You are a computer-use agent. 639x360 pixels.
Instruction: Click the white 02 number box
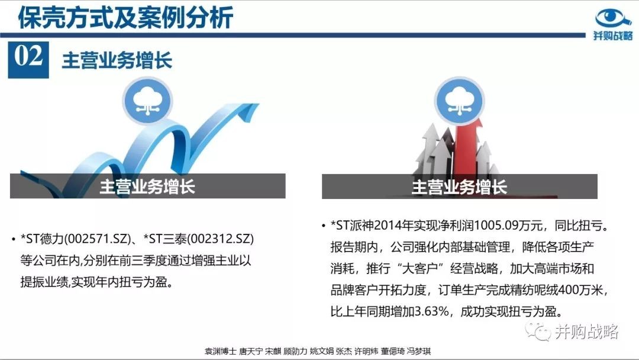(x=28, y=60)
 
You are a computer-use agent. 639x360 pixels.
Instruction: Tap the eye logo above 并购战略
(x=613, y=18)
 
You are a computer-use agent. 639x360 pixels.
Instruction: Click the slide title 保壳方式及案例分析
(x=125, y=17)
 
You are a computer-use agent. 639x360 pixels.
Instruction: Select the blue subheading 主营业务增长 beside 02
(x=117, y=60)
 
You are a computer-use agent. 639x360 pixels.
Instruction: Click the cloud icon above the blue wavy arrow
(x=147, y=101)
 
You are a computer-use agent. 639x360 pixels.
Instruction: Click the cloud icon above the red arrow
(x=459, y=101)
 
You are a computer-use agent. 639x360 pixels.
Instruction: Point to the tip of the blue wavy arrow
(x=259, y=104)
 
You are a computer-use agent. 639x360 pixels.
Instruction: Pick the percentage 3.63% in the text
(x=431, y=311)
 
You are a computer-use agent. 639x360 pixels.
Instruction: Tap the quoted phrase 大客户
(x=419, y=268)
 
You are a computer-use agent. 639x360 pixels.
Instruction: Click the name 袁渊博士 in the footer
(x=221, y=351)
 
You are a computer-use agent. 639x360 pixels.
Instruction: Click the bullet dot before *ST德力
(x=14, y=239)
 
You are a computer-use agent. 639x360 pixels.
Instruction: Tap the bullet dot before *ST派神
(x=324, y=226)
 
